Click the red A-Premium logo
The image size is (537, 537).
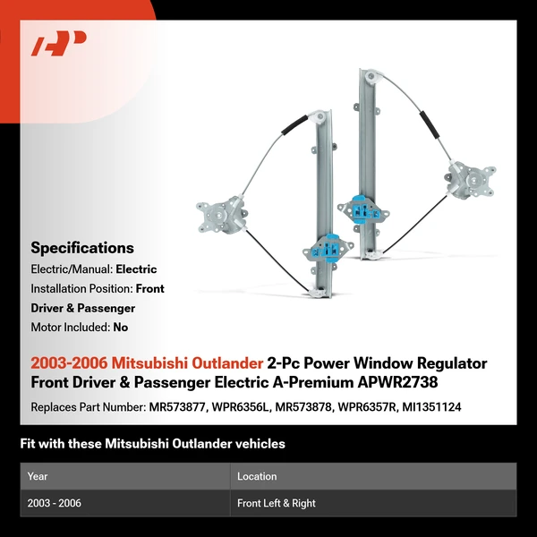point(59,44)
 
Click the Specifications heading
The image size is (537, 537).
point(82,248)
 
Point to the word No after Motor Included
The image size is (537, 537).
point(120,328)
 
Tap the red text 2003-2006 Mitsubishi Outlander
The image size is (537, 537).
point(147,363)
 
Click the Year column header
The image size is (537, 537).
point(38,476)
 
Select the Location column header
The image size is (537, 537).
point(257,476)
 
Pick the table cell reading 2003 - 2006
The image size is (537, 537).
point(55,503)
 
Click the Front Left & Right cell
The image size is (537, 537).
point(277,503)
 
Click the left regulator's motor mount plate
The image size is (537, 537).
point(217,215)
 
